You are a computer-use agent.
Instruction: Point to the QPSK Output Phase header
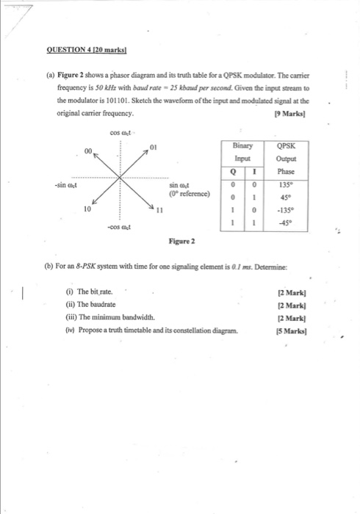pos(285,156)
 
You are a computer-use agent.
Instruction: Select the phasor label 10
pos(87,209)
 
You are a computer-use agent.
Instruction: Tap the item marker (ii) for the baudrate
pos(71,305)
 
